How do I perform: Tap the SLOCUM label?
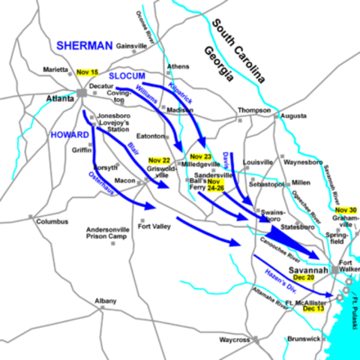click(x=127, y=76)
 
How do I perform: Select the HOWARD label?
click(x=70, y=135)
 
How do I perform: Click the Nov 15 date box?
click(x=87, y=71)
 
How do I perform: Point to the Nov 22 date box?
click(x=159, y=160)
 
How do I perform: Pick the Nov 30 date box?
click(x=347, y=209)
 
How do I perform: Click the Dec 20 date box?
click(x=303, y=277)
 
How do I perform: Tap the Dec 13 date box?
click(x=313, y=307)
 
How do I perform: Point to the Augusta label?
click(x=294, y=116)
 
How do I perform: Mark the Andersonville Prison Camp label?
click(x=109, y=234)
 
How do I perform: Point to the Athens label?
click(x=178, y=66)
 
